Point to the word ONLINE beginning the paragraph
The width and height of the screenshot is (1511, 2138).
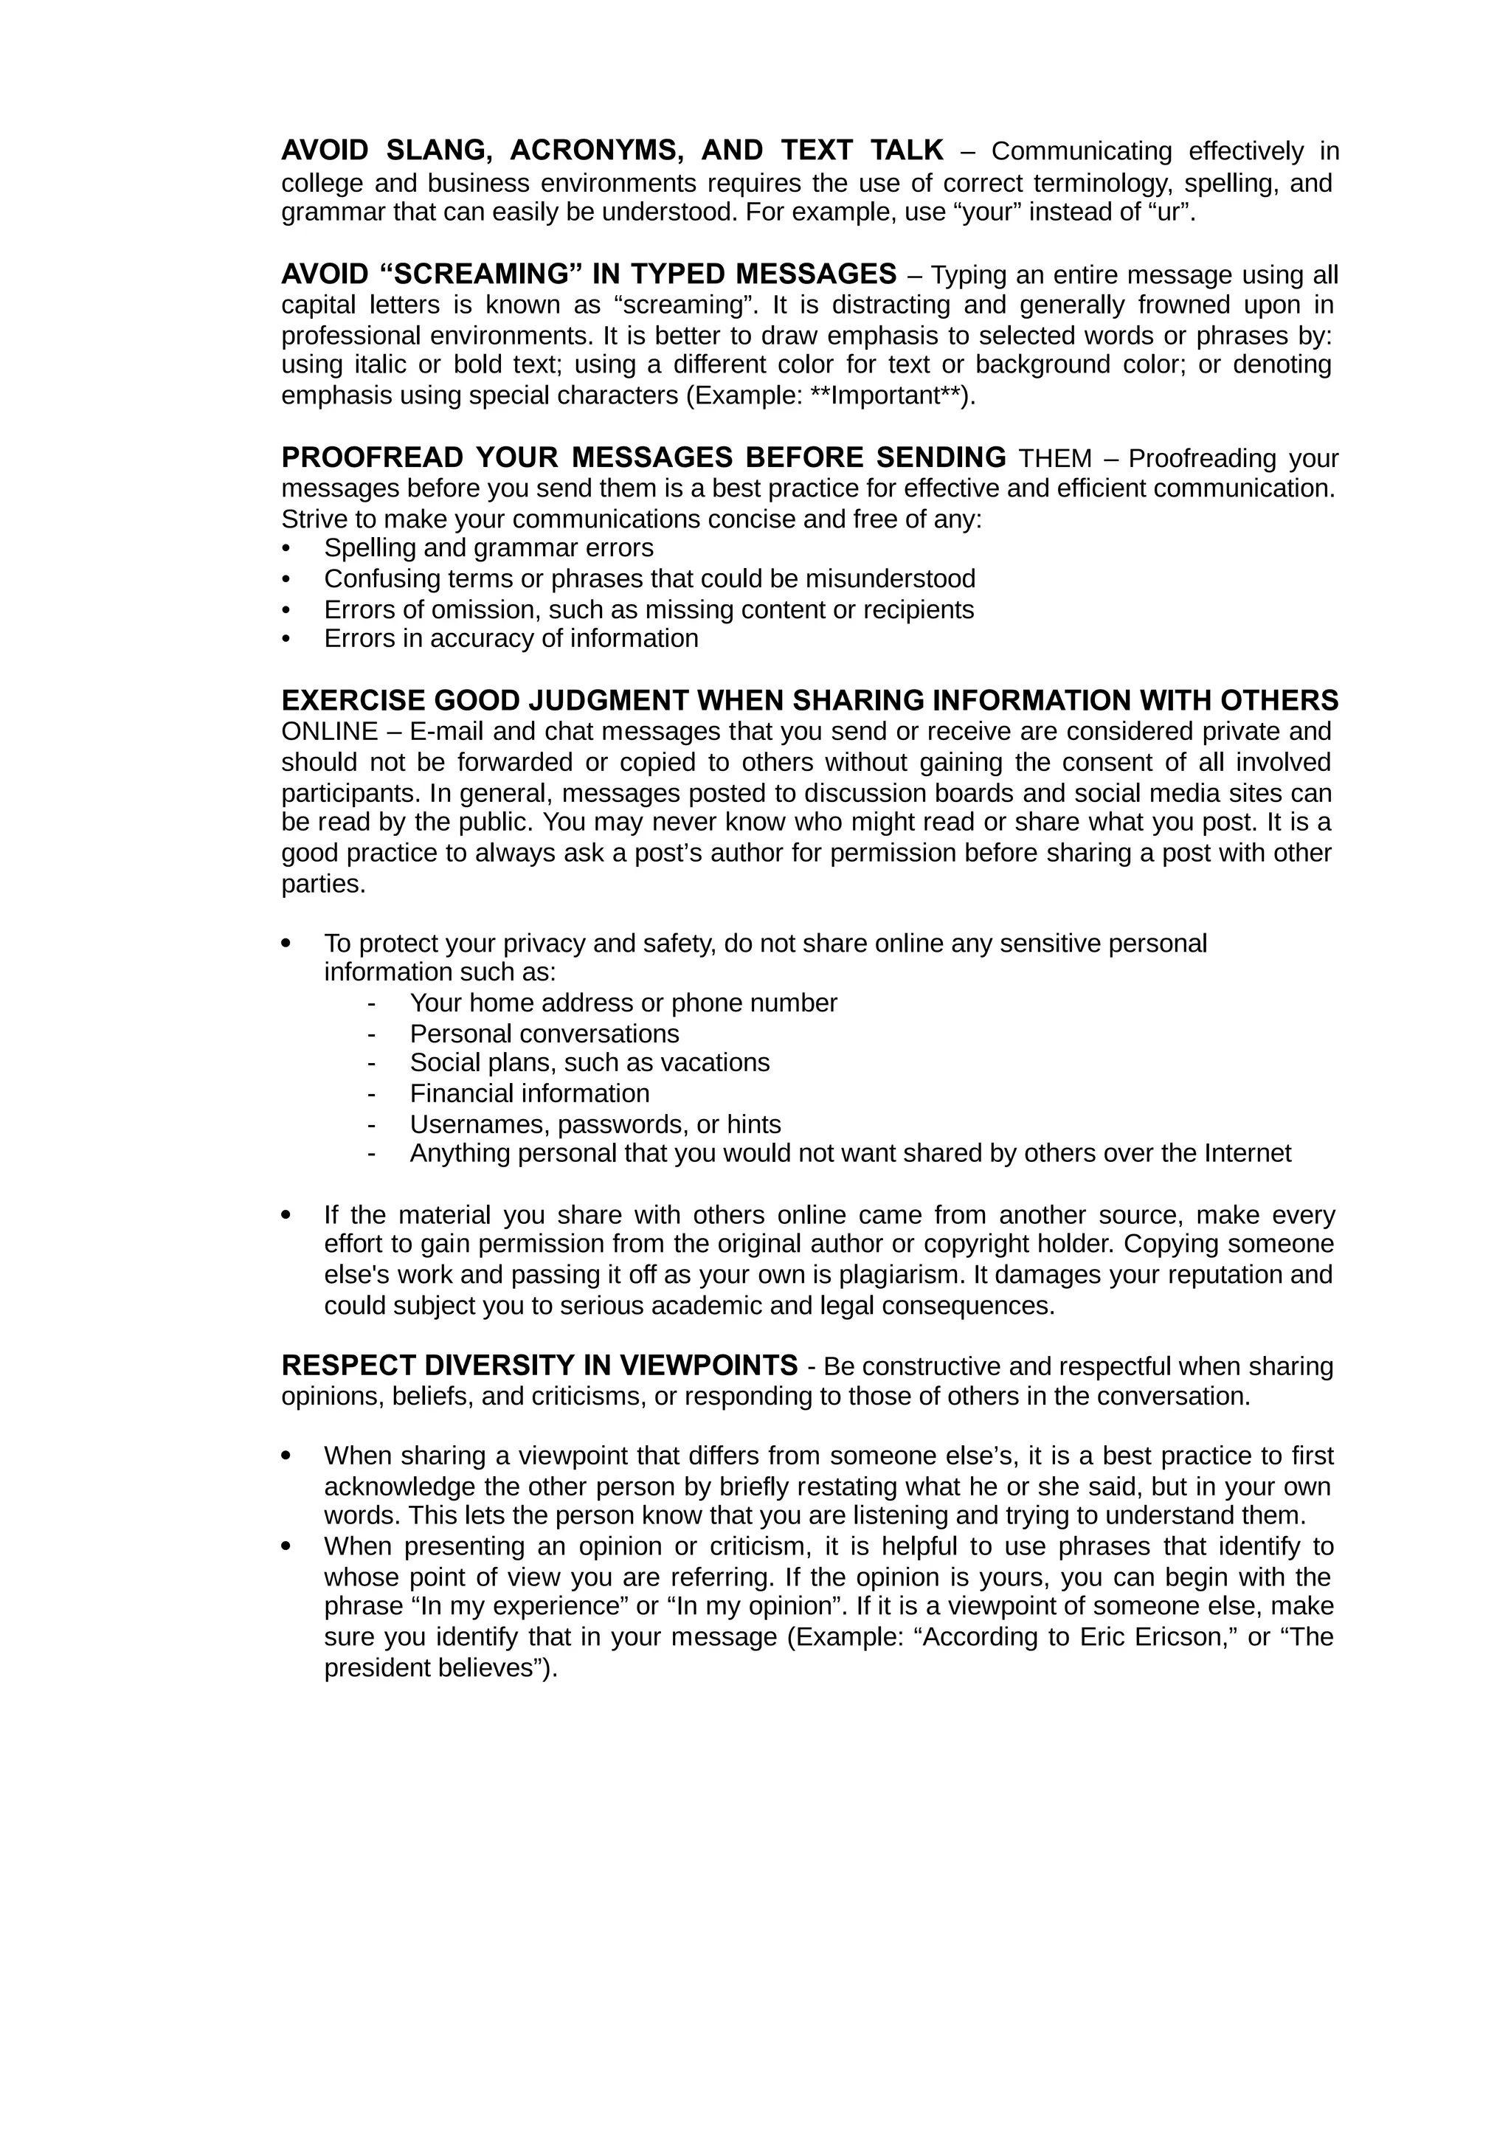pyautogui.click(x=330, y=731)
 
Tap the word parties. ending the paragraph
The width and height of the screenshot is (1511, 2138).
pyautogui.click(x=324, y=884)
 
